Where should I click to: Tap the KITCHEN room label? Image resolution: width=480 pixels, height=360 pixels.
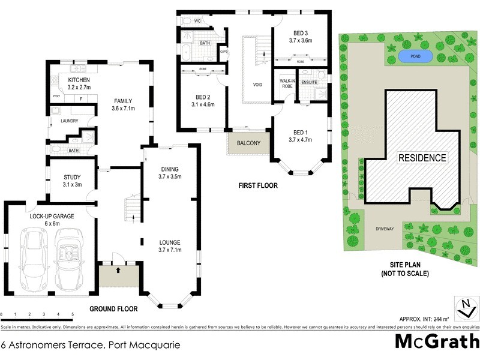coord(79,80)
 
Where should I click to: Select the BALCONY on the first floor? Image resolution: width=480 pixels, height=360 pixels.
coord(248,143)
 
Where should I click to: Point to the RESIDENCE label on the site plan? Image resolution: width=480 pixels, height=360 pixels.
coord(422,158)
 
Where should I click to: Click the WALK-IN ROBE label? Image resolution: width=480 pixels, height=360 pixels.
coord(283,83)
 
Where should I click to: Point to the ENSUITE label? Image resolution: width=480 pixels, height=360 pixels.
coord(310,81)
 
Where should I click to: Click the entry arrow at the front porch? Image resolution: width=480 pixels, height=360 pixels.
coord(118,270)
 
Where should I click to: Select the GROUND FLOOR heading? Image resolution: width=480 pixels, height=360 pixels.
coord(113,309)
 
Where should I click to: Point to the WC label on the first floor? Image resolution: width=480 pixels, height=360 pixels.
coord(197,21)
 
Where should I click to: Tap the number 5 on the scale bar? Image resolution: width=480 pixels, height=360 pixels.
coord(73,314)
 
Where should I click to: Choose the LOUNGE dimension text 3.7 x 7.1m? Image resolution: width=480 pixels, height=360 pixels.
coord(169,251)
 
